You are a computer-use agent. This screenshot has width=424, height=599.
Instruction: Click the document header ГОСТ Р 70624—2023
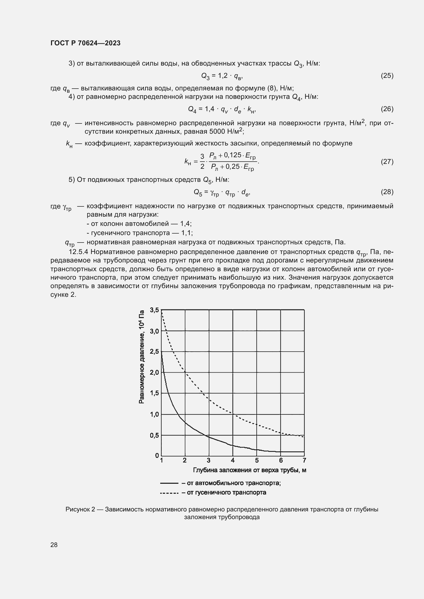click(x=85, y=43)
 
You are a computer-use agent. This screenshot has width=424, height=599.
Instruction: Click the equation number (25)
click(x=387, y=76)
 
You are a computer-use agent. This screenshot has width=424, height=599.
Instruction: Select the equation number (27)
click(x=387, y=162)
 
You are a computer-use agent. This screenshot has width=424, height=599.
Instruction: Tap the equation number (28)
click(x=387, y=192)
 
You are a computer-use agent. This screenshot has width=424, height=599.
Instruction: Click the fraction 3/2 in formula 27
click(x=202, y=162)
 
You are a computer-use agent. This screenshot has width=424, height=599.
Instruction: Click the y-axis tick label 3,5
click(x=154, y=310)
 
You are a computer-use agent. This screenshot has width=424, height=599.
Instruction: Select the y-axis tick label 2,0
click(x=154, y=372)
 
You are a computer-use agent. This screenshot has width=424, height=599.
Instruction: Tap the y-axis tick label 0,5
click(x=154, y=435)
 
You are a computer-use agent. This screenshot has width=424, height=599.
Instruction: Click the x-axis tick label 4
click(x=233, y=460)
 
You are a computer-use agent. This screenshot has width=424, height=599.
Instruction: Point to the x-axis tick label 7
click(x=304, y=460)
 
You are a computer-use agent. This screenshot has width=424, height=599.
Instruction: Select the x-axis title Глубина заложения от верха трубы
click(x=249, y=470)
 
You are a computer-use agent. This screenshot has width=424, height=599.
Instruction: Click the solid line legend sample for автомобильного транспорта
click(x=169, y=483)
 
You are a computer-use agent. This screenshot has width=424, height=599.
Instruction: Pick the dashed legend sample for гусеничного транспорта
click(x=169, y=493)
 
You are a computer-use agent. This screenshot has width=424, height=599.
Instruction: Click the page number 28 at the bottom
click(x=54, y=545)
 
